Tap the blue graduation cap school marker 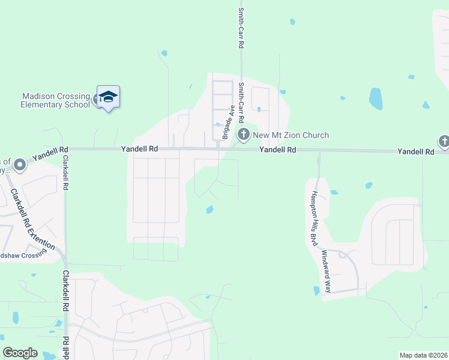pos(108,97)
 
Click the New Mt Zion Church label pos(291,135)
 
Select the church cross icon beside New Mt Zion pos(243,134)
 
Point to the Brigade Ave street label pos(228,122)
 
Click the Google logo pos(20,353)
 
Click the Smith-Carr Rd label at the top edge pos(241,28)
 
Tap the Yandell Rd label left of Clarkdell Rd pos(51,153)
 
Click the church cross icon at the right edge pos(444,142)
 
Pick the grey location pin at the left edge pos(19,164)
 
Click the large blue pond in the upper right pos(376,98)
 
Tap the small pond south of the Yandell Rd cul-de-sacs pos(209,209)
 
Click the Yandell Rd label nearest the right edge pos(415,152)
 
